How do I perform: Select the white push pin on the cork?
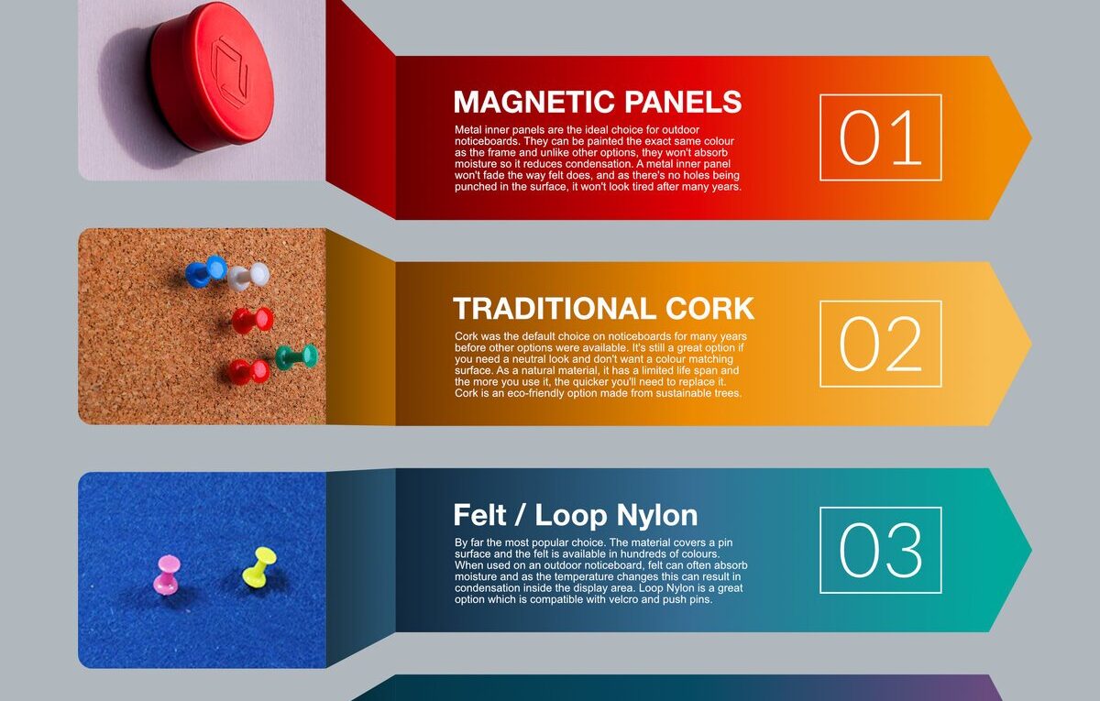click(249, 275)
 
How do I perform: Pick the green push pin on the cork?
click(297, 356)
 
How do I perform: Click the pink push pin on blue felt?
click(167, 574)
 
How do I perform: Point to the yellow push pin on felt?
click(259, 566)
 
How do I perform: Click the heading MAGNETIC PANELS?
click(597, 102)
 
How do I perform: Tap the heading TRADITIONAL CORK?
click(603, 308)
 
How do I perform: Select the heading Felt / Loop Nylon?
click(575, 515)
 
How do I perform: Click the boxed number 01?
click(880, 137)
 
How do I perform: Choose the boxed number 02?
click(880, 344)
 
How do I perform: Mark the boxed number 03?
click(880, 550)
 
